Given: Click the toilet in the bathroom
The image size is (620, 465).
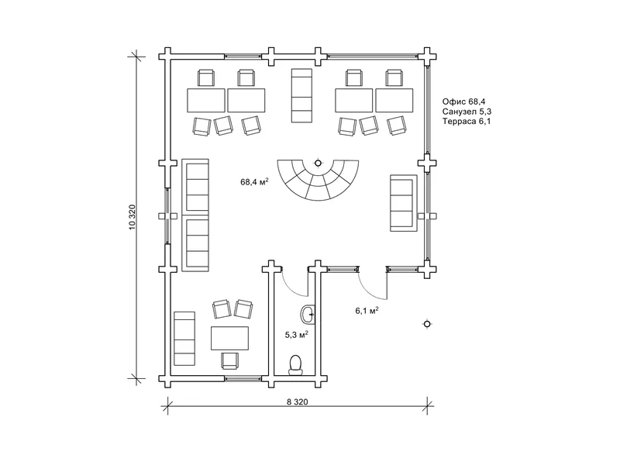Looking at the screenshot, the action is [295, 365].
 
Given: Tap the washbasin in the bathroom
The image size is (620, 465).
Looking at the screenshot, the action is [308, 315].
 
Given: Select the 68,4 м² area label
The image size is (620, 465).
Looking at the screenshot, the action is [255, 181].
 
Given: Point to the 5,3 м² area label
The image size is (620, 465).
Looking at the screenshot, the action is [297, 335].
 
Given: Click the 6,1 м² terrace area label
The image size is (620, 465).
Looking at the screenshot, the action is [367, 311].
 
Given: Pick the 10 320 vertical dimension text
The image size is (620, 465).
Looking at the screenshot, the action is [132, 217].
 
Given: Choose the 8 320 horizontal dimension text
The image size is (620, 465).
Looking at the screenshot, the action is [298, 402].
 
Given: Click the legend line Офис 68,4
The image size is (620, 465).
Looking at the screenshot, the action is [463, 102].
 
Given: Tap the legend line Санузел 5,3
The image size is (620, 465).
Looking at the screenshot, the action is [467, 112].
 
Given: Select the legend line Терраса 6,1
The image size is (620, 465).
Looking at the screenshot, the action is [467, 122].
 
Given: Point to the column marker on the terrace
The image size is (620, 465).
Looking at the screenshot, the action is [427, 324].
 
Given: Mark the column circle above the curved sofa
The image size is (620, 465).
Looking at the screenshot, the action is [318, 163].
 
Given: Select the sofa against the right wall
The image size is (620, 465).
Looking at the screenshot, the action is [404, 203].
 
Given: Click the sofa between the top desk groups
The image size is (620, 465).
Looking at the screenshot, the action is [301, 95].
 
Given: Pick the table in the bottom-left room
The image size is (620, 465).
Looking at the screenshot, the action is [229, 338].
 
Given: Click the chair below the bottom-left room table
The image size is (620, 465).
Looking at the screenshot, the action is [230, 360].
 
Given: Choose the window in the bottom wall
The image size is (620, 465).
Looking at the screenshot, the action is [243, 379].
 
